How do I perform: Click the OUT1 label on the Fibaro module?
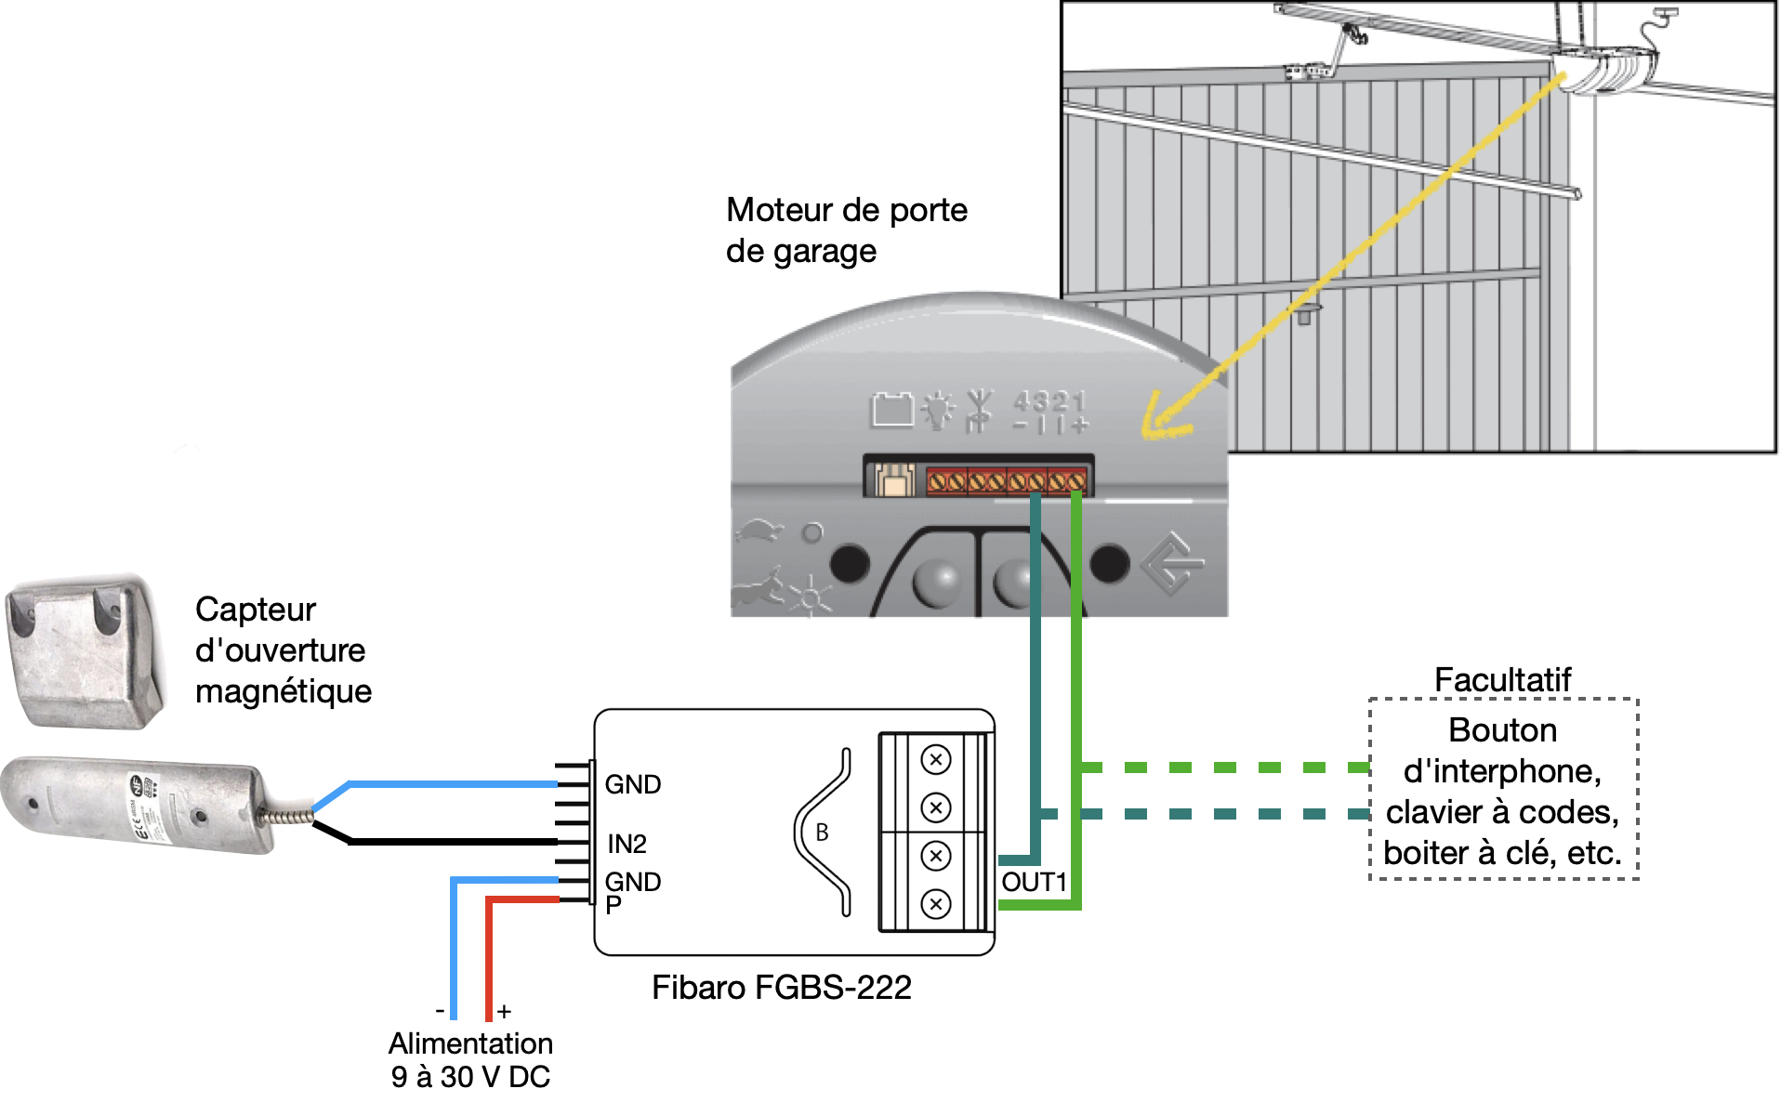click(x=1033, y=882)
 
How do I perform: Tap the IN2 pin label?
click(x=627, y=844)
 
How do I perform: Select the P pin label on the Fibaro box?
click(x=613, y=905)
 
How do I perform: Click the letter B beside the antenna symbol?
click(x=822, y=833)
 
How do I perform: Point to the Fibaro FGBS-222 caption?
click(x=781, y=987)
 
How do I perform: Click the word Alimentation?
click(x=470, y=1043)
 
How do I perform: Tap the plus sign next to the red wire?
click(x=504, y=1011)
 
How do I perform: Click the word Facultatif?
click(x=1502, y=679)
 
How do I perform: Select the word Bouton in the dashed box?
click(x=1502, y=730)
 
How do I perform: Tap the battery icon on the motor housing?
click(x=891, y=409)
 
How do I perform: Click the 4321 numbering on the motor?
click(x=1049, y=401)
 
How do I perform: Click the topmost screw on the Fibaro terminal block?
click(x=935, y=759)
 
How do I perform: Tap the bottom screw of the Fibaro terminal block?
click(x=935, y=903)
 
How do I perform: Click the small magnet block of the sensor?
click(x=84, y=650)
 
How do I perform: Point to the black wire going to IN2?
click(x=446, y=842)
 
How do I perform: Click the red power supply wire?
click(x=489, y=957)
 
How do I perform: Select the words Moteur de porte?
click(x=846, y=210)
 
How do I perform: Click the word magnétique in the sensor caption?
click(x=284, y=691)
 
